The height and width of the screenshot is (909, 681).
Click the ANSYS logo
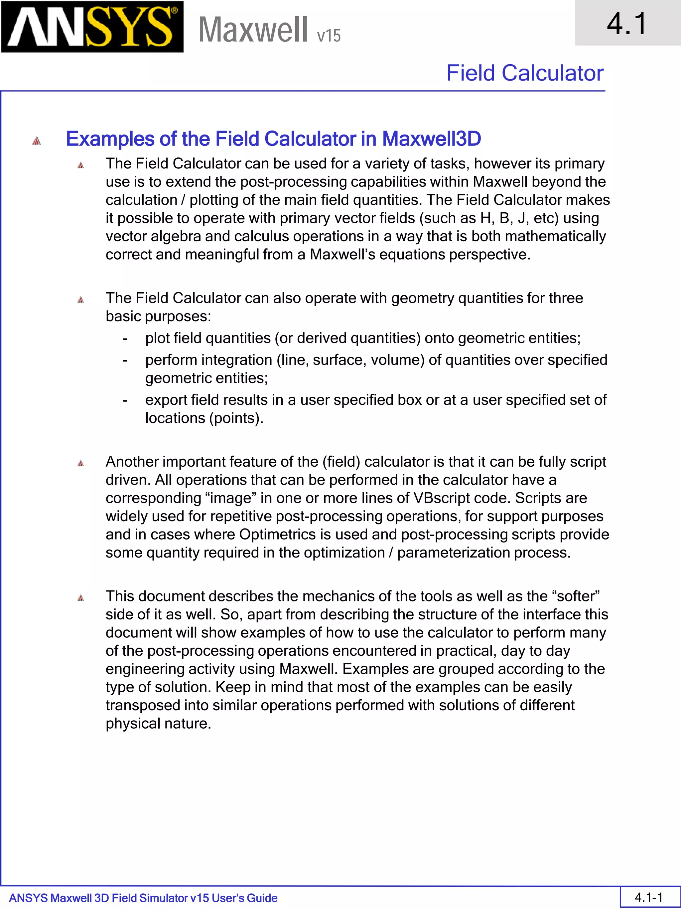pos(92,27)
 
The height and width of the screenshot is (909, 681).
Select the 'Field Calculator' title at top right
pos(525,73)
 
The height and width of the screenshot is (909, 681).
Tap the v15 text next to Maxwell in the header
pos(329,36)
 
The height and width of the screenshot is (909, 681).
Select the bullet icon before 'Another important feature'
pos(80,464)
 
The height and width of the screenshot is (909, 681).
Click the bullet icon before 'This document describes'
pos(80,598)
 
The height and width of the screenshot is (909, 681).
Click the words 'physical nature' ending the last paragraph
pos(158,723)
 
